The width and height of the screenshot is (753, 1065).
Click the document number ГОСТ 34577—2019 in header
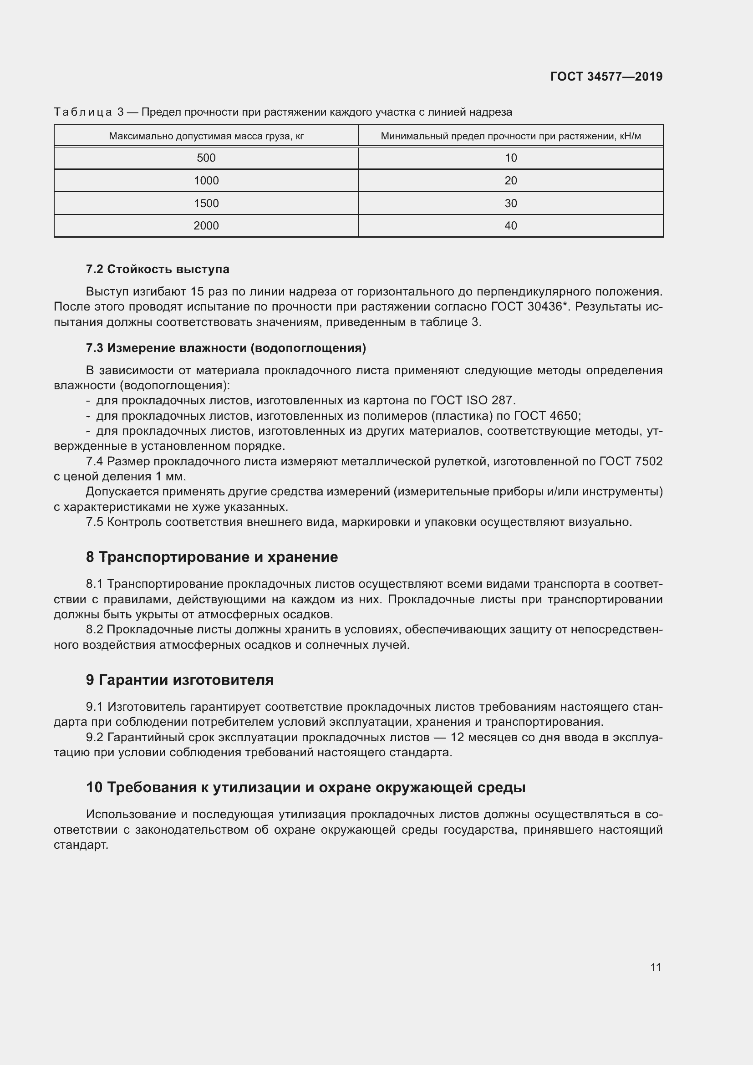(606, 76)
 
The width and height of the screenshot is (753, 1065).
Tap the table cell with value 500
(206, 158)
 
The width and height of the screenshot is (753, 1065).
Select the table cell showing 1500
(206, 203)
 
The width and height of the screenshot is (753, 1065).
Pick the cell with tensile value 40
(510, 226)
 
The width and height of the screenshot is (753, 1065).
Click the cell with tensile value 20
(510, 180)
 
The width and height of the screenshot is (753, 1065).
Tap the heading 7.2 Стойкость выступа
(158, 269)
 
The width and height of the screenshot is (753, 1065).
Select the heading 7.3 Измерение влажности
(226, 348)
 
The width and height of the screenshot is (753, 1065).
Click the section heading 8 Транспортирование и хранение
(212, 557)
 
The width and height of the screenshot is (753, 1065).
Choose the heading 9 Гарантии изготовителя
(179, 680)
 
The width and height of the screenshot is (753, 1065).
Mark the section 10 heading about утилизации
(305, 788)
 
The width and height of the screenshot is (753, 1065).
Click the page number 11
(656, 967)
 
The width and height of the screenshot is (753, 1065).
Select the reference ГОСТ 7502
(631, 461)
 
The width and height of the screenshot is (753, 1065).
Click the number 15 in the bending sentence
(197, 292)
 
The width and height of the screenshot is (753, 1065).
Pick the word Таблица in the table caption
(82, 112)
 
